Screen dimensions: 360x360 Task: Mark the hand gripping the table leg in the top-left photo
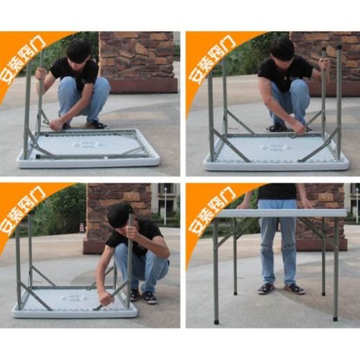[41, 72]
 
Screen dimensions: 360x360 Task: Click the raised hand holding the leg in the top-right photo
[325, 63]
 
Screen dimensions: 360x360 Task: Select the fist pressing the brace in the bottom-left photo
[106, 297]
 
